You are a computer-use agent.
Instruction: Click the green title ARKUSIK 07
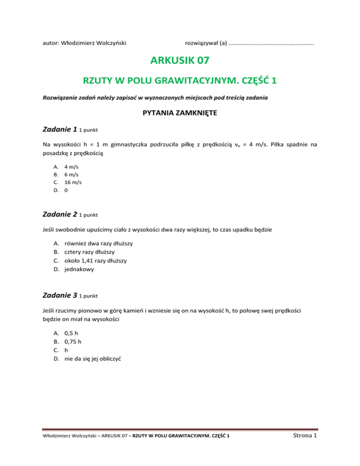tap(180, 60)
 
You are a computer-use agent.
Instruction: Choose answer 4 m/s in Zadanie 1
tap(71, 166)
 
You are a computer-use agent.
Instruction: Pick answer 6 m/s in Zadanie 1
tap(71, 174)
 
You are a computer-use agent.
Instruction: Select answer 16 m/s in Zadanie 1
tap(73, 182)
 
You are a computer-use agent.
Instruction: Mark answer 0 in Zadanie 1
tap(66, 190)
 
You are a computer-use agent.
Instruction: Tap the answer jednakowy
tap(79, 269)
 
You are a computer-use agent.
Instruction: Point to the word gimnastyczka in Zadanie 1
tap(121, 145)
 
